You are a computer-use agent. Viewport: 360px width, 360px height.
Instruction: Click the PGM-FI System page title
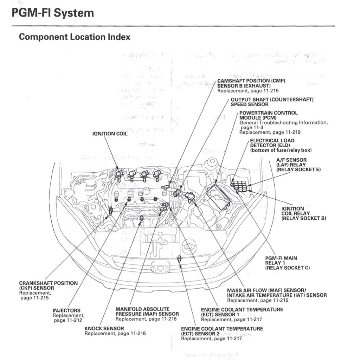53,13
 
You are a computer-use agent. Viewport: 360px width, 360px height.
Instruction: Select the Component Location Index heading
75,37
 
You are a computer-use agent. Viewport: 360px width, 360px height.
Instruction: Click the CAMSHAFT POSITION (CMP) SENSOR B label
251,83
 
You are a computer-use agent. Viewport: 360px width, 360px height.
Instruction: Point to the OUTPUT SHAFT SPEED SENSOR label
272,102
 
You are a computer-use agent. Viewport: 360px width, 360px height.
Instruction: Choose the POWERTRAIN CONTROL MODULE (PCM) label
268,115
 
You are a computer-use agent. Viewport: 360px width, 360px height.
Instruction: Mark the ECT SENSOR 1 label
242,312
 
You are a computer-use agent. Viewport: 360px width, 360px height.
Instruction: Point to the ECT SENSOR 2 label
222,331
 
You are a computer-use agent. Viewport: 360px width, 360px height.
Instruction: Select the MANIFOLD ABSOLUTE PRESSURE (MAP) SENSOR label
147,311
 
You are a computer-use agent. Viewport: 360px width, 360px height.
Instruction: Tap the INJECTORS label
66,311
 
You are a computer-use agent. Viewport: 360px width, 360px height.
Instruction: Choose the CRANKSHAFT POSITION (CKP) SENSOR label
48,285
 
